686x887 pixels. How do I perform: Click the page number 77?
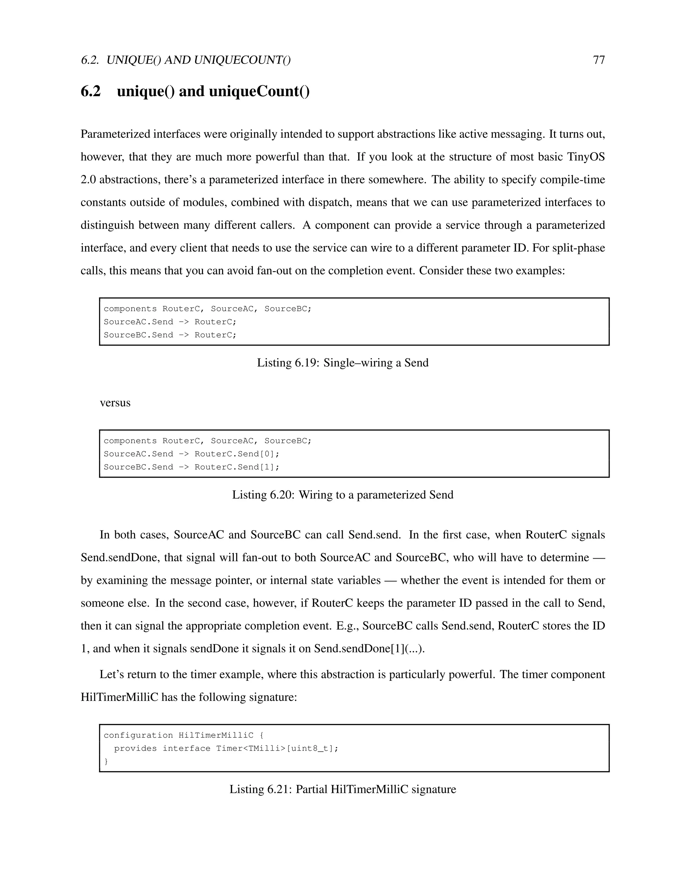(599, 60)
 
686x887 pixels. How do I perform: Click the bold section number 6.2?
(91, 91)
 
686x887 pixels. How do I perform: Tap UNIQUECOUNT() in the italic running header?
(242, 60)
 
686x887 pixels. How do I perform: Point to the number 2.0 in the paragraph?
(88, 179)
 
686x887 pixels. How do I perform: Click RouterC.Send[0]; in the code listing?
(237, 454)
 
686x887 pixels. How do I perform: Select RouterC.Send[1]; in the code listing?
(237, 467)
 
